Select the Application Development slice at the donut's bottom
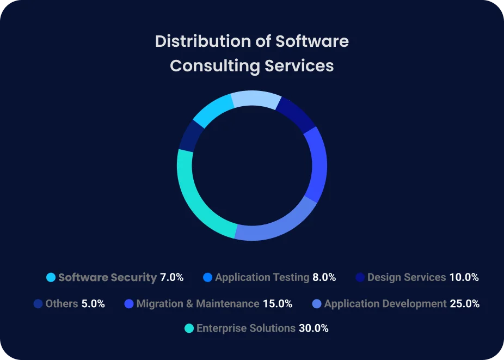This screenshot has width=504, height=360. pyautogui.click(x=275, y=229)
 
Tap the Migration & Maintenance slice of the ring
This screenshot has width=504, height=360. pyautogui.click(x=318, y=163)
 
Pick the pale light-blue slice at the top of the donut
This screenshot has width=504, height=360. pyautogui.click(x=256, y=100)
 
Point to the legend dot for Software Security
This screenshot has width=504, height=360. pyautogui.click(x=51, y=277)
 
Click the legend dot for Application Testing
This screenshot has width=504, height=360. pyautogui.click(x=207, y=277)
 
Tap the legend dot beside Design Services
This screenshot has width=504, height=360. pyautogui.click(x=360, y=277)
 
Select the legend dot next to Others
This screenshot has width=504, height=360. pyautogui.click(x=38, y=303)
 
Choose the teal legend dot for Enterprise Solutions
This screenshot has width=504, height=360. pyautogui.click(x=189, y=328)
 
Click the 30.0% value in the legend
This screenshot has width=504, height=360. pyautogui.click(x=314, y=328)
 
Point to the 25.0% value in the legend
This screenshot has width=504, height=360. pyautogui.click(x=464, y=303)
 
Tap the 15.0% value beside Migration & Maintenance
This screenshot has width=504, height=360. pyautogui.click(x=278, y=303)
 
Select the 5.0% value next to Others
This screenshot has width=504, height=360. pyautogui.click(x=93, y=303)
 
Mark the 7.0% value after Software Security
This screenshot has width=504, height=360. pyautogui.click(x=171, y=277)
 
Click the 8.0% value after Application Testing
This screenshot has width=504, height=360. pyautogui.click(x=324, y=277)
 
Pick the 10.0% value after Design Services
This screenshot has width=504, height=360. pyautogui.click(x=464, y=277)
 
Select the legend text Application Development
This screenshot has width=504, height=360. pyautogui.click(x=385, y=303)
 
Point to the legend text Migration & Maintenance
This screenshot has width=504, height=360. pyautogui.click(x=198, y=303)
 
